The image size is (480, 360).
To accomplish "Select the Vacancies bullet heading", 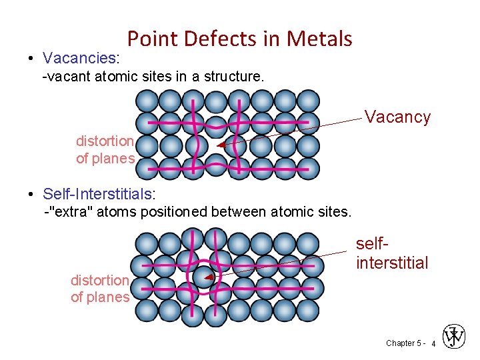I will coord(81,58).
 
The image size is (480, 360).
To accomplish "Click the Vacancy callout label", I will coord(397,117).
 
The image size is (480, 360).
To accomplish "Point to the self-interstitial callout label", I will coord(392,254).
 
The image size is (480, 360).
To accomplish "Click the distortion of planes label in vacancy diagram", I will coord(105,150).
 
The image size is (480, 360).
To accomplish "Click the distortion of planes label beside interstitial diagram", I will coord(100,289).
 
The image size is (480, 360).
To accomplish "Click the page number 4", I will coord(433,343).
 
